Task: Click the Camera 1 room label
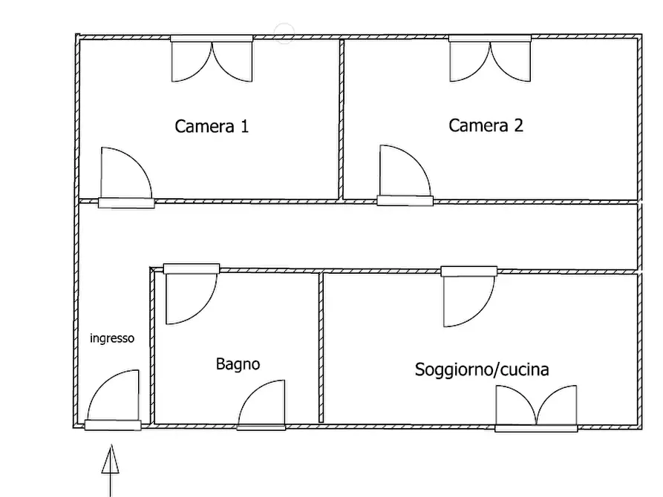click(212, 126)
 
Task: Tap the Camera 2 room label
click(486, 125)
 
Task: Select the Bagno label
click(238, 364)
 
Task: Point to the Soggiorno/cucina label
click(482, 369)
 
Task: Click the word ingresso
click(112, 338)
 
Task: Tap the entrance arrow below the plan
click(111, 470)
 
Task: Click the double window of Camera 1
click(212, 59)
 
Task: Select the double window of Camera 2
click(490, 59)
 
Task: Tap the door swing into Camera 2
click(405, 175)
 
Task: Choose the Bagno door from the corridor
click(192, 294)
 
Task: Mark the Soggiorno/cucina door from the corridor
click(469, 296)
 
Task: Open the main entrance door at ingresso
click(113, 400)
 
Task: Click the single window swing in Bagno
click(261, 405)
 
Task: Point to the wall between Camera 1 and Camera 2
click(342, 119)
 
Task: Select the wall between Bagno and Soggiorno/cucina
click(321, 347)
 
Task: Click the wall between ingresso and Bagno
click(152, 345)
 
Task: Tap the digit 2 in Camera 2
click(519, 125)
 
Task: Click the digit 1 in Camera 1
click(244, 126)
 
